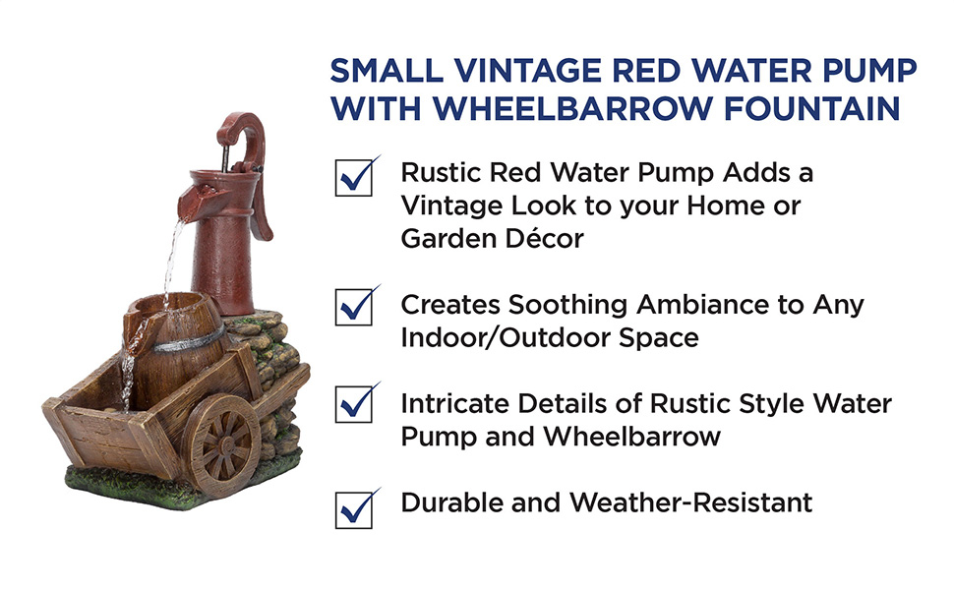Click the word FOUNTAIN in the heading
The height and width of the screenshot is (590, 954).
click(x=811, y=109)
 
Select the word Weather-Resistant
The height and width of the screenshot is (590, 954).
click(x=690, y=502)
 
